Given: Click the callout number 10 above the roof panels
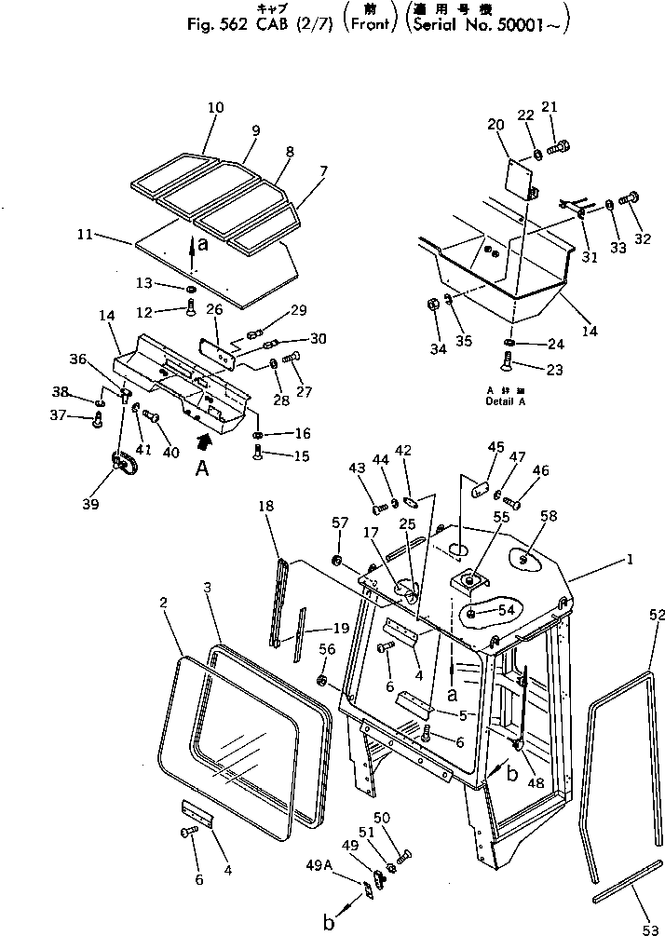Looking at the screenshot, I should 215,109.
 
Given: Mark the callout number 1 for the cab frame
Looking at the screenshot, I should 630,561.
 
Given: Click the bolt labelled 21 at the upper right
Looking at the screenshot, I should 559,145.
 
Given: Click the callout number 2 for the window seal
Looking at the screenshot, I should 163,604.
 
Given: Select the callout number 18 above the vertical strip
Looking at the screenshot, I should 266,506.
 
